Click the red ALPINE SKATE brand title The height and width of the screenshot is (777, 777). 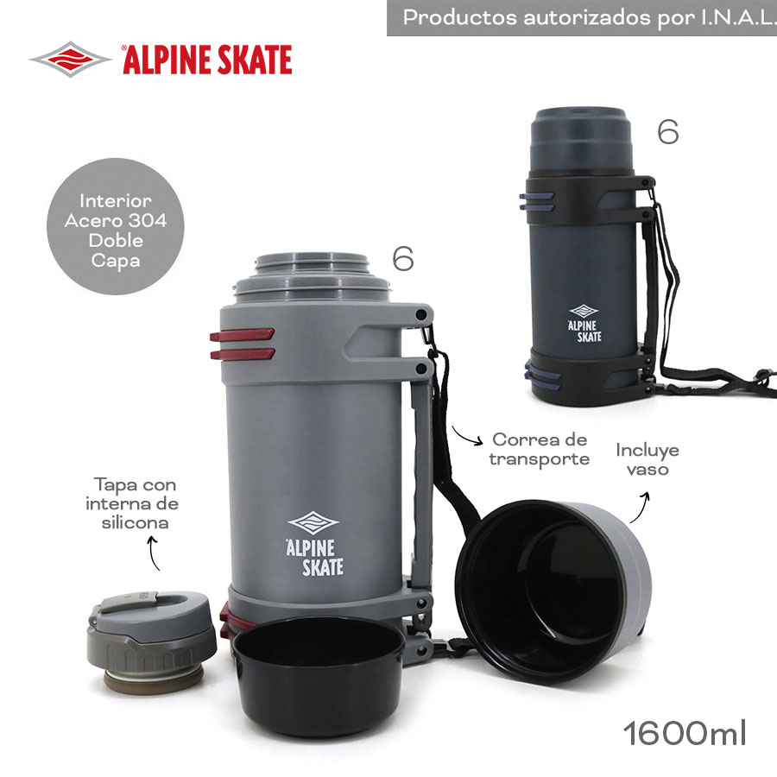click(207, 60)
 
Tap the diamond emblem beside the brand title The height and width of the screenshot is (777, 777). click(70, 60)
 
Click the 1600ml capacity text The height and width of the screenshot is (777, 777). click(685, 733)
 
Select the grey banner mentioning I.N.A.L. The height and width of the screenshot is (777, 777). click(582, 18)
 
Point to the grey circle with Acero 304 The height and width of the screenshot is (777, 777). click(116, 226)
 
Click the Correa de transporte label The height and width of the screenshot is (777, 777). click(539, 449)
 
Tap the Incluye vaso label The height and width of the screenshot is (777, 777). click(647, 459)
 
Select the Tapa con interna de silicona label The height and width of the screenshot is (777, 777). click(132, 503)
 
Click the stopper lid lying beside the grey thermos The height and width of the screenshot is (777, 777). click(151, 641)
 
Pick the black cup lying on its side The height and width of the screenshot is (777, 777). click(553, 591)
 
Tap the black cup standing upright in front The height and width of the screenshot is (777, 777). click(319, 676)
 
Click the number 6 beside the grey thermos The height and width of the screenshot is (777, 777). click(403, 258)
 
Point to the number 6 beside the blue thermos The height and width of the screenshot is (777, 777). click(668, 132)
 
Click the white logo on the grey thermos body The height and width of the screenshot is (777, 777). click(314, 544)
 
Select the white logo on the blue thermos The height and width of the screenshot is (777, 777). click(584, 323)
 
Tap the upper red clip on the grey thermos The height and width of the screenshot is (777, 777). click(242, 335)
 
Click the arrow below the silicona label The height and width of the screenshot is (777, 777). click(153, 552)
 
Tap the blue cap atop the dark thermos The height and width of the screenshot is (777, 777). click(581, 139)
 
